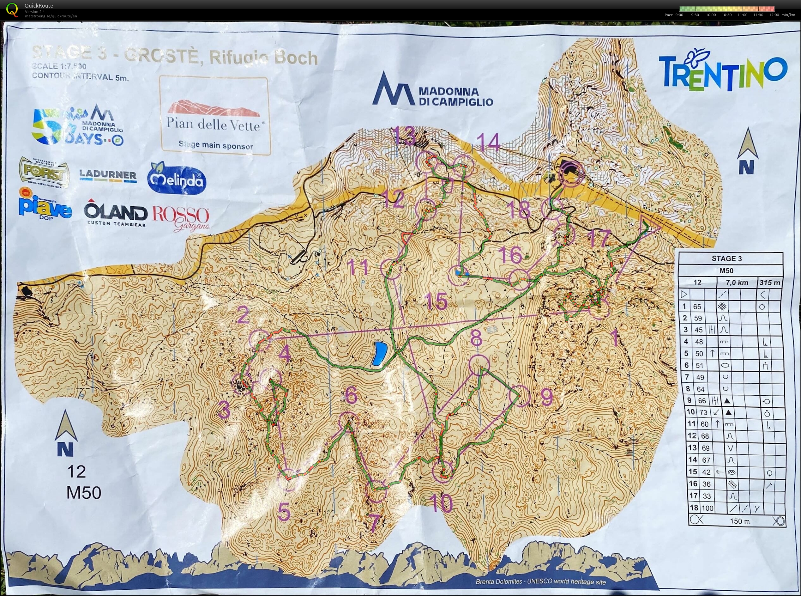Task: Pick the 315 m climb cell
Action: pyautogui.click(x=770, y=283)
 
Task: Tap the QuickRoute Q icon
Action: pyautogui.click(x=12, y=10)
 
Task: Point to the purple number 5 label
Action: pyautogui.click(x=284, y=513)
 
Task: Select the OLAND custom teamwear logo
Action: pyautogui.click(x=115, y=215)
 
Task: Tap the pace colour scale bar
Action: pyautogui.click(x=726, y=9)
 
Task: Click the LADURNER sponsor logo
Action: pyautogui.click(x=108, y=175)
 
